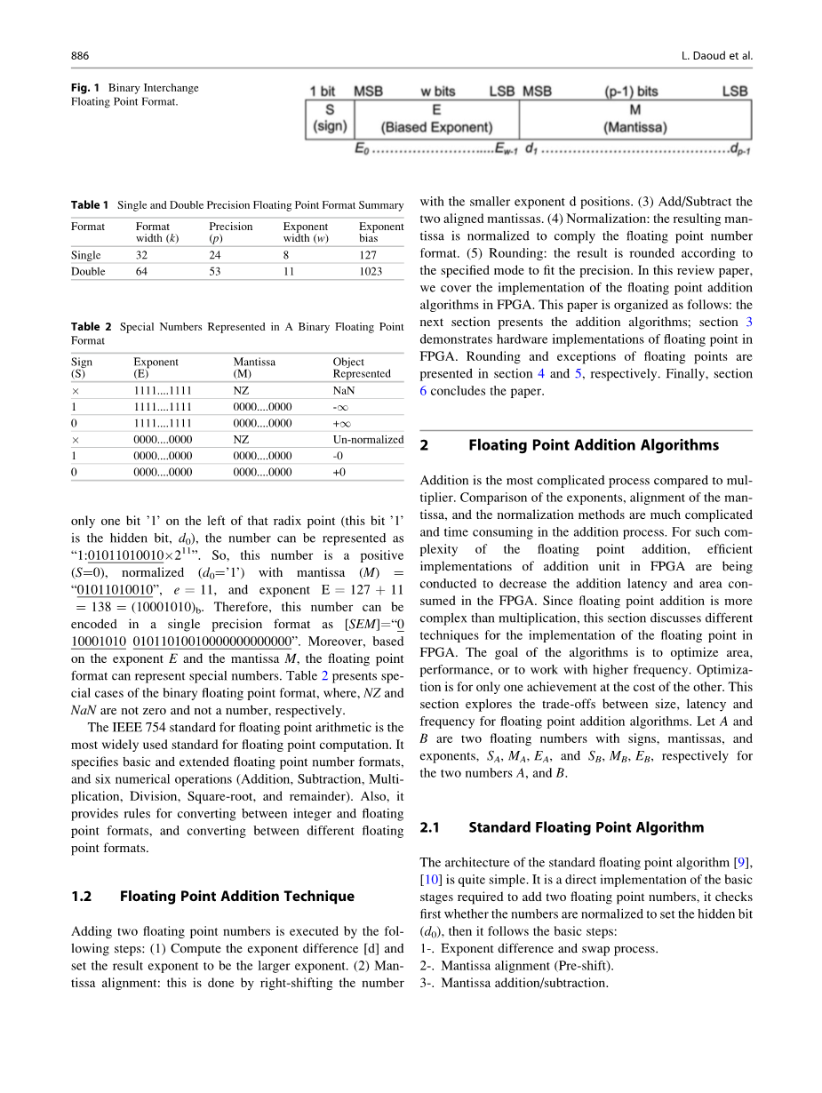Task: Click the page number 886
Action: click(x=80, y=56)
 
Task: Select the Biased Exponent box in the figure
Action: click(x=436, y=119)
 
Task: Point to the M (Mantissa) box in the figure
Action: click(x=634, y=119)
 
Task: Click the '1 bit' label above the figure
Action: click(x=323, y=91)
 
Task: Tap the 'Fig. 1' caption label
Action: click(x=85, y=87)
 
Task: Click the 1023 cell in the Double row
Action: click(x=371, y=271)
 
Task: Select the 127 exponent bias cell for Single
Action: click(x=367, y=255)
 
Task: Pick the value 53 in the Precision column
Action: click(x=215, y=271)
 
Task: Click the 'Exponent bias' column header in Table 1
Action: click(x=380, y=232)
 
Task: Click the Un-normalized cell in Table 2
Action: click(x=367, y=439)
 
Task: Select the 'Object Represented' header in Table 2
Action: click(x=361, y=368)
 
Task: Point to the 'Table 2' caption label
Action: click(x=92, y=327)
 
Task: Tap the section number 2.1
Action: click(x=430, y=827)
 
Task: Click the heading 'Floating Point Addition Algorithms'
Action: click(x=594, y=445)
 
